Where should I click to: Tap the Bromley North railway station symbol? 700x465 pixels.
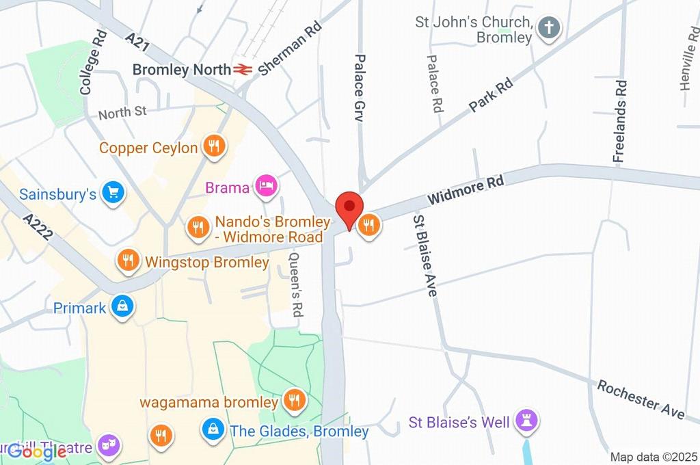tap(241, 69)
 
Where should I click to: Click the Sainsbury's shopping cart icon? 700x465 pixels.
tap(112, 194)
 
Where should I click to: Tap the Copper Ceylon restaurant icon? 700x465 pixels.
tap(215, 146)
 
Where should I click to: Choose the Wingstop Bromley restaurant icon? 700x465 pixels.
tap(127, 261)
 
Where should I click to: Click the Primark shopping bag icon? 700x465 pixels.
tap(122, 307)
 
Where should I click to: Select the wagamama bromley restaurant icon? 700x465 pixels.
tap(295, 401)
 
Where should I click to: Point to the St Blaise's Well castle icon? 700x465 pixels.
tap(527, 421)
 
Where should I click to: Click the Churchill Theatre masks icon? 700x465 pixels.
tap(108, 447)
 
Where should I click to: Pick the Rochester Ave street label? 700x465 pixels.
tap(641, 399)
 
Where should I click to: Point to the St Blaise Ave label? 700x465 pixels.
tap(424, 255)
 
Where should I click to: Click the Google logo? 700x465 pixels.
tap(38, 451)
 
